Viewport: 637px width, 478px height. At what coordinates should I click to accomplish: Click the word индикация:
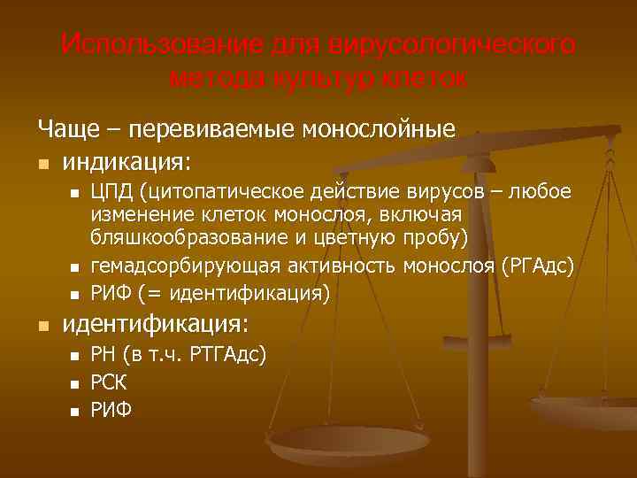click(x=126, y=163)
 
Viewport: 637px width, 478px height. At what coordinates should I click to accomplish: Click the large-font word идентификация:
click(x=156, y=323)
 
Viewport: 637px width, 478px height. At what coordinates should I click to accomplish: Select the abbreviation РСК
click(x=109, y=383)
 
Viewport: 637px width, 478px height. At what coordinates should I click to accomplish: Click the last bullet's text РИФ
click(x=111, y=411)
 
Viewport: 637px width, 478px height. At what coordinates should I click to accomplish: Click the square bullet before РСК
click(x=75, y=384)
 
